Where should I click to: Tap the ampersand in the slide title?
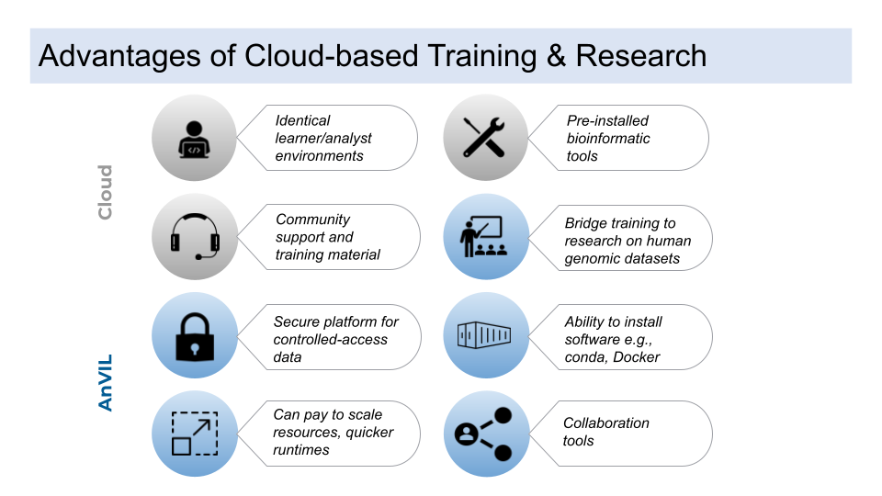[x=552, y=55]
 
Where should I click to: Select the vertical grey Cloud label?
[x=105, y=192]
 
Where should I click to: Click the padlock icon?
[x=194, y=335]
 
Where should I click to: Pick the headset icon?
[x=194, y=237]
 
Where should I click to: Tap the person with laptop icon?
[x=194, y=138]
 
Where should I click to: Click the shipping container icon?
[x=486, y=335]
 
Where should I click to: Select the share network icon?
[x=486, y=434]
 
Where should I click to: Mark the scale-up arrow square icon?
[x=194, y=434]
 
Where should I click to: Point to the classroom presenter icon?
[x=486, y=237]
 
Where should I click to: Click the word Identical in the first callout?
[x=302, y=120]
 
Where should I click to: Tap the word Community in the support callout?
[x=313, y=220]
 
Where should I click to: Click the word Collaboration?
[x=606, y=423]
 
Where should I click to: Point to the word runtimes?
[x=301, y=450]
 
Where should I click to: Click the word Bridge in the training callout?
[x=584, y=223]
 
